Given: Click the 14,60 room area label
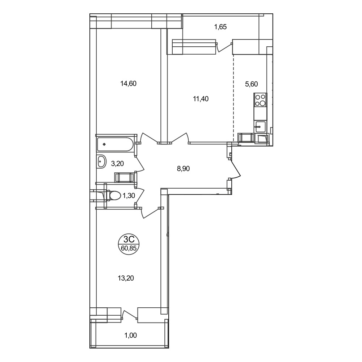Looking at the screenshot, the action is [x=129, y=83].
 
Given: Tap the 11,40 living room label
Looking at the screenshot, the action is [x=201, y=99].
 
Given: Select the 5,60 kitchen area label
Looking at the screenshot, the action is [x=252, y=84].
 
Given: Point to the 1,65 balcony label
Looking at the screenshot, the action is [x=220, y=27].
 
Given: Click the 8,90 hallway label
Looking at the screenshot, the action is [x=183, y=169].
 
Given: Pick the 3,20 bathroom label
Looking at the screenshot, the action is [x=117, y=164].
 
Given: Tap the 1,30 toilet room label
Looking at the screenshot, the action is [x=129, y=196].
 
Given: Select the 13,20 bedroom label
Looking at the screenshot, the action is [x=126, y=278].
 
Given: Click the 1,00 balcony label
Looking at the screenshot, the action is [x=131, y=335].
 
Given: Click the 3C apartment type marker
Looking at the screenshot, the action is [x=129, y=239].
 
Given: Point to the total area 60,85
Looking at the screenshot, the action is [x=129, y=248].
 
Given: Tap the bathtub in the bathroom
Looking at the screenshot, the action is [x=115, y=144].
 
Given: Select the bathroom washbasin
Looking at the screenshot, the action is [x=101, y=161].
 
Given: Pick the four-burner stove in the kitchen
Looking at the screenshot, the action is [x=260, y=100].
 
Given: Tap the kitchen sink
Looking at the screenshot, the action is [x=260, y=127].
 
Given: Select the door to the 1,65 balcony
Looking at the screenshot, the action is [x=224, y=47].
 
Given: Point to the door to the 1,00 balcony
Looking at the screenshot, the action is [x=130, y=315].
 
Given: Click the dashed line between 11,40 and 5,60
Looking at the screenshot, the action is [x=233, y=98].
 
